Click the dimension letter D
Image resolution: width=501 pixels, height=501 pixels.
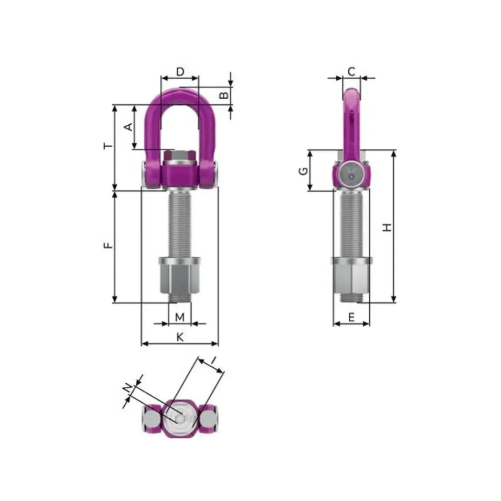click(x=180, y=72)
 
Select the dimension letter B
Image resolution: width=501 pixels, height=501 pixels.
click(x=224, y=95)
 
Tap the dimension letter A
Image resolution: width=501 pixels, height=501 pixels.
click(x=128, y=127)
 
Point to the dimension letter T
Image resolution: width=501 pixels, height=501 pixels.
click(x=109, y=146)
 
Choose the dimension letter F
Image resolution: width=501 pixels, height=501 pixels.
click(x=109, y=245)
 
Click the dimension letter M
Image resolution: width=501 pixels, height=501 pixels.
click(x=180, y=317)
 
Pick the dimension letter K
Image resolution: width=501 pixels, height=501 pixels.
click(x=180, y=337)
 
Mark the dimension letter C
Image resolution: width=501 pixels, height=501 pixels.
click(x=351, y=72)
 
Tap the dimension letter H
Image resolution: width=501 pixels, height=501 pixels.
click(x=387, y=227)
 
